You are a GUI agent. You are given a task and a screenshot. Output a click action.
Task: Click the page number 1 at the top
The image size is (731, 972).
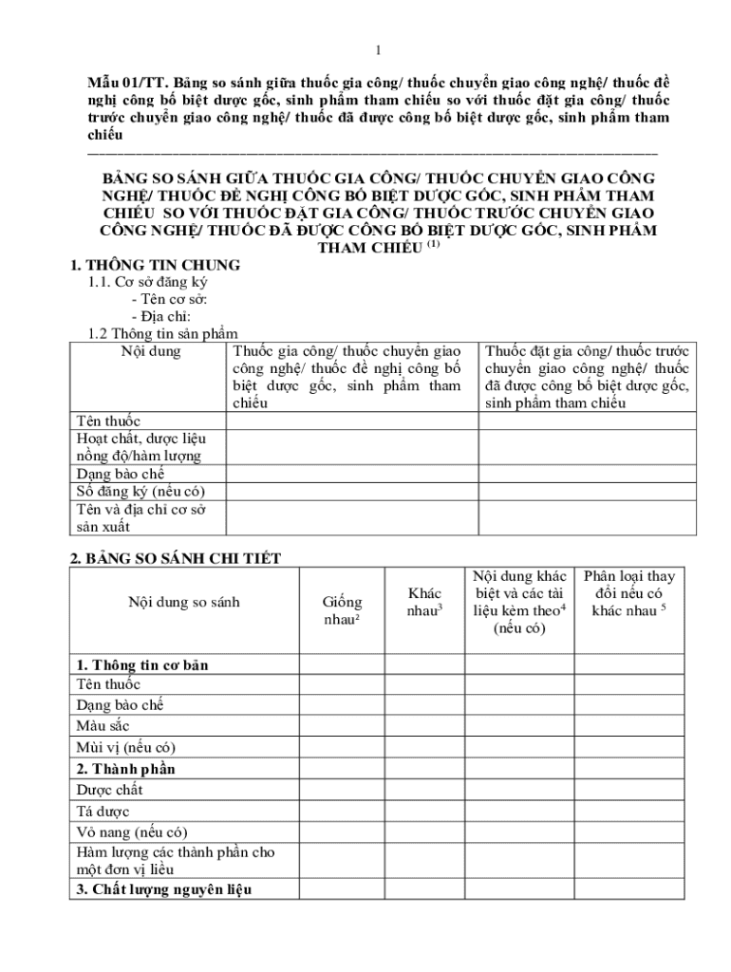point(378,50)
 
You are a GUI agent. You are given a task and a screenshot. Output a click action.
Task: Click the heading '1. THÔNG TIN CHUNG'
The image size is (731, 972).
point(156,265)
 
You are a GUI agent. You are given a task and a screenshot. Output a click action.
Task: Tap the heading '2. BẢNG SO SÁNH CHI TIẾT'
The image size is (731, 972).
point(176,558)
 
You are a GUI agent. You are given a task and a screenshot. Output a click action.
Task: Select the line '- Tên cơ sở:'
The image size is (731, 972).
point(169,299)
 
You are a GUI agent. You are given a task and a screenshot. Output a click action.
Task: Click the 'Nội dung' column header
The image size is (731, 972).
point(151,351)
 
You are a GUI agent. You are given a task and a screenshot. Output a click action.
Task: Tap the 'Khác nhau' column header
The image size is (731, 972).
point(425,602)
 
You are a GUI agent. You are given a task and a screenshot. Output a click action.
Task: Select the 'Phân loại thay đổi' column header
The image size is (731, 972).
point(629,593)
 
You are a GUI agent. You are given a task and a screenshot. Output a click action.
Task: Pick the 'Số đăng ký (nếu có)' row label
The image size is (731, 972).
point(140,491)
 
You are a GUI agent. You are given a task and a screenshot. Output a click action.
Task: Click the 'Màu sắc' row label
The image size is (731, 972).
point(103,726)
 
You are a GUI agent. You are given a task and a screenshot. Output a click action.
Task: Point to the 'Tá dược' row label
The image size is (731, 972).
point(103,812)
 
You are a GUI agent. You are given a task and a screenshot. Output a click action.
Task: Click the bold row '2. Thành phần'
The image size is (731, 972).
point(125,769)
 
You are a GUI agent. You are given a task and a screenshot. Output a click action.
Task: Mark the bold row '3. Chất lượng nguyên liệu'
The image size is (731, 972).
point(167,889)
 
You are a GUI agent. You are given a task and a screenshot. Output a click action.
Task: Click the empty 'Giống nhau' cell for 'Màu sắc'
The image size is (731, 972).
point(342,726)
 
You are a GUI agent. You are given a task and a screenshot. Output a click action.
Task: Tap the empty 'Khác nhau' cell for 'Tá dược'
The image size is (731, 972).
point(424,812)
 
